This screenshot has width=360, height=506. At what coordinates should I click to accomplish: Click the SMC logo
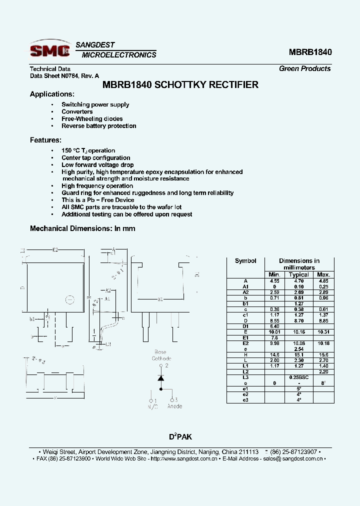50,50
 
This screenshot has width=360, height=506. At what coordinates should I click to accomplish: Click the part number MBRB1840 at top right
310,52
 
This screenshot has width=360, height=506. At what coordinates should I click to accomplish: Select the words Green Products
304,68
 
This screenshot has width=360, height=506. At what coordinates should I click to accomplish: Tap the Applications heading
52,94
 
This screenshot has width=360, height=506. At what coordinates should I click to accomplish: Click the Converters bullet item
77,111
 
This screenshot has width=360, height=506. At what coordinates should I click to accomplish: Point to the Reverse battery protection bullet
98,125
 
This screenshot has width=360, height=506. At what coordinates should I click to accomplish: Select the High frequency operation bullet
97,185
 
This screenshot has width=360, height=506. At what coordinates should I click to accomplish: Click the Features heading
45,140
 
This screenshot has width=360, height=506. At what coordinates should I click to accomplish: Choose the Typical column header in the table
298,274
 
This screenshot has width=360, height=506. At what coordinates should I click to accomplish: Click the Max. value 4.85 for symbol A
323,281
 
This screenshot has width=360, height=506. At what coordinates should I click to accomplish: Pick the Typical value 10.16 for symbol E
298,331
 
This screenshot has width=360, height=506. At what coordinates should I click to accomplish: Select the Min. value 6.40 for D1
274,326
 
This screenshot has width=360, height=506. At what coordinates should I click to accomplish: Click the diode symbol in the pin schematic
160,378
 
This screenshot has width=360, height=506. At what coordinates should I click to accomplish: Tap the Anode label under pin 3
174,406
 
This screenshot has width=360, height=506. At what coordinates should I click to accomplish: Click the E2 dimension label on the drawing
55,249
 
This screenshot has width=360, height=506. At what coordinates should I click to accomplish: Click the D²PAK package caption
179,436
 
